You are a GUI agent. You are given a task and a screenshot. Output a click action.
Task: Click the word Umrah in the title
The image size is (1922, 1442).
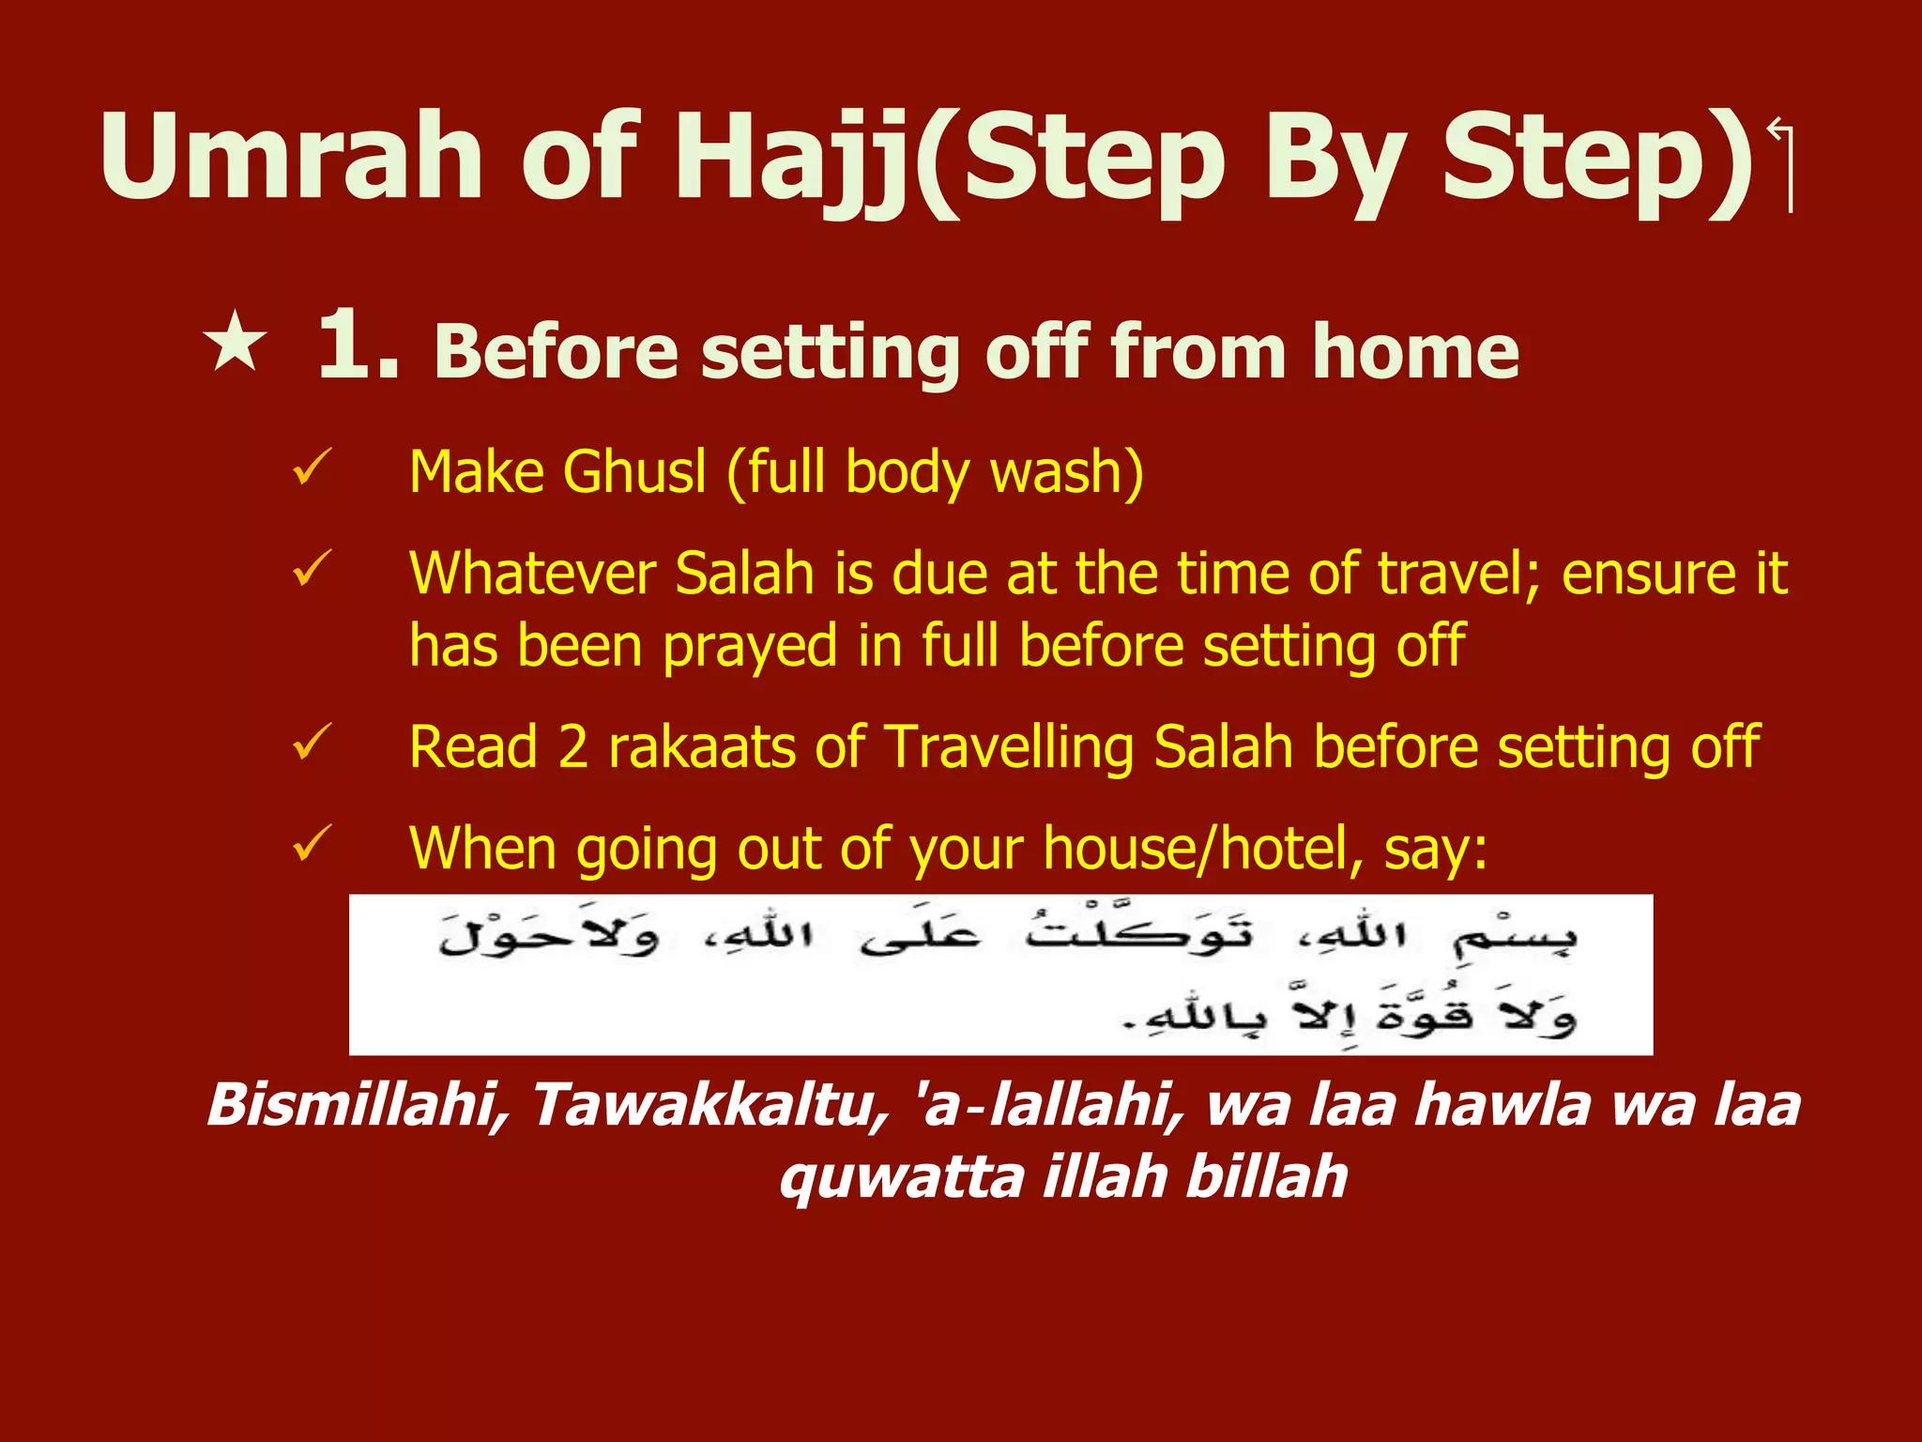(291, 157)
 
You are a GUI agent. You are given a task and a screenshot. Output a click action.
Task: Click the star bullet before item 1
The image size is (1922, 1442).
(235, 343)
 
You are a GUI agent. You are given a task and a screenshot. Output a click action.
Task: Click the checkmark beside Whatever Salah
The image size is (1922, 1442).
(312, 569)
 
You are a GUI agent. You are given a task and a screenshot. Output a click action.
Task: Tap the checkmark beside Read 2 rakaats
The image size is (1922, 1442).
(312, 742)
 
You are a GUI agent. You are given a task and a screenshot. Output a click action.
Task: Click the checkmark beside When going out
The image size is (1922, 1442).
(312, 843)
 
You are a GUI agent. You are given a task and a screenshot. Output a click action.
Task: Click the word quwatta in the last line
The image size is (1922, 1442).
(901, 1178)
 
